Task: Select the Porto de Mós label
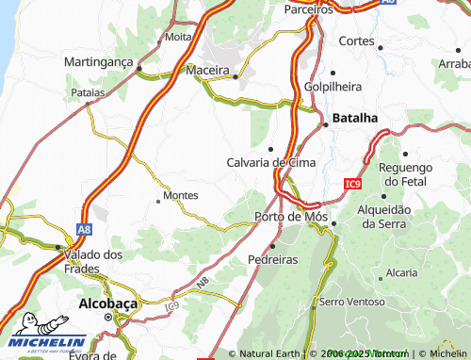tap(291, 217)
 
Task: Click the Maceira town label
tap(208, 71)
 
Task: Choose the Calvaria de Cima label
tap(271, 162)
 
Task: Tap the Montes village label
tap(180, 195)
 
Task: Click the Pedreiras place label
tap(273, 258)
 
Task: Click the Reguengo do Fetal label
tap(414, 172)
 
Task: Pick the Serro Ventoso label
tap(351, 302)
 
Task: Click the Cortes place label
tap(356, 41)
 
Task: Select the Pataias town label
tap(88, 94)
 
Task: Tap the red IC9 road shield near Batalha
tap(352, 183)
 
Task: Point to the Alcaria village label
tap(401, 272)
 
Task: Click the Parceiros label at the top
tap(309, 8)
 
